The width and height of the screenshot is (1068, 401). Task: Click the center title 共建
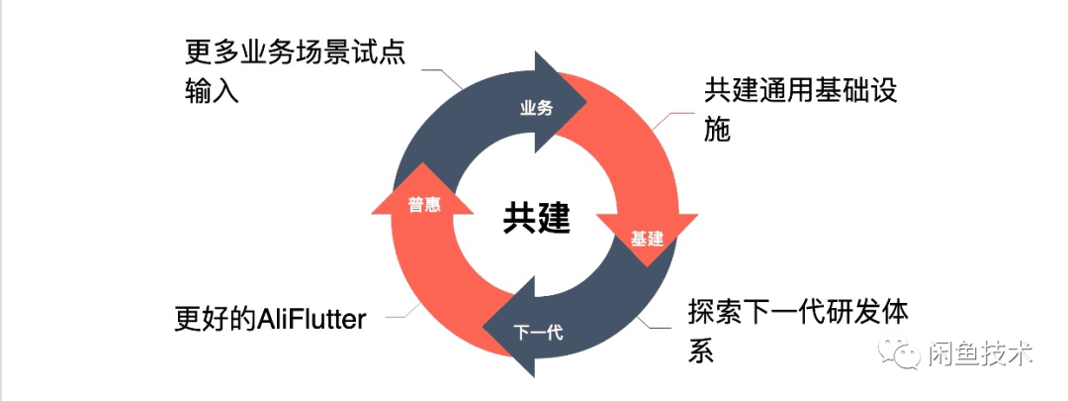pos(535,219)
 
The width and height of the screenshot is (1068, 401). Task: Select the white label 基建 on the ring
pos(647,240)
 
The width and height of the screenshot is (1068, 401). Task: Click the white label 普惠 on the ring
pos(423,205)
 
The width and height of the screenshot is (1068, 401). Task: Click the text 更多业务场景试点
pos(296,50)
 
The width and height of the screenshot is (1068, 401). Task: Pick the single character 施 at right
pos(718,130)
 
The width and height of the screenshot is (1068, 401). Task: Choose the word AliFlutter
pos(312,319)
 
